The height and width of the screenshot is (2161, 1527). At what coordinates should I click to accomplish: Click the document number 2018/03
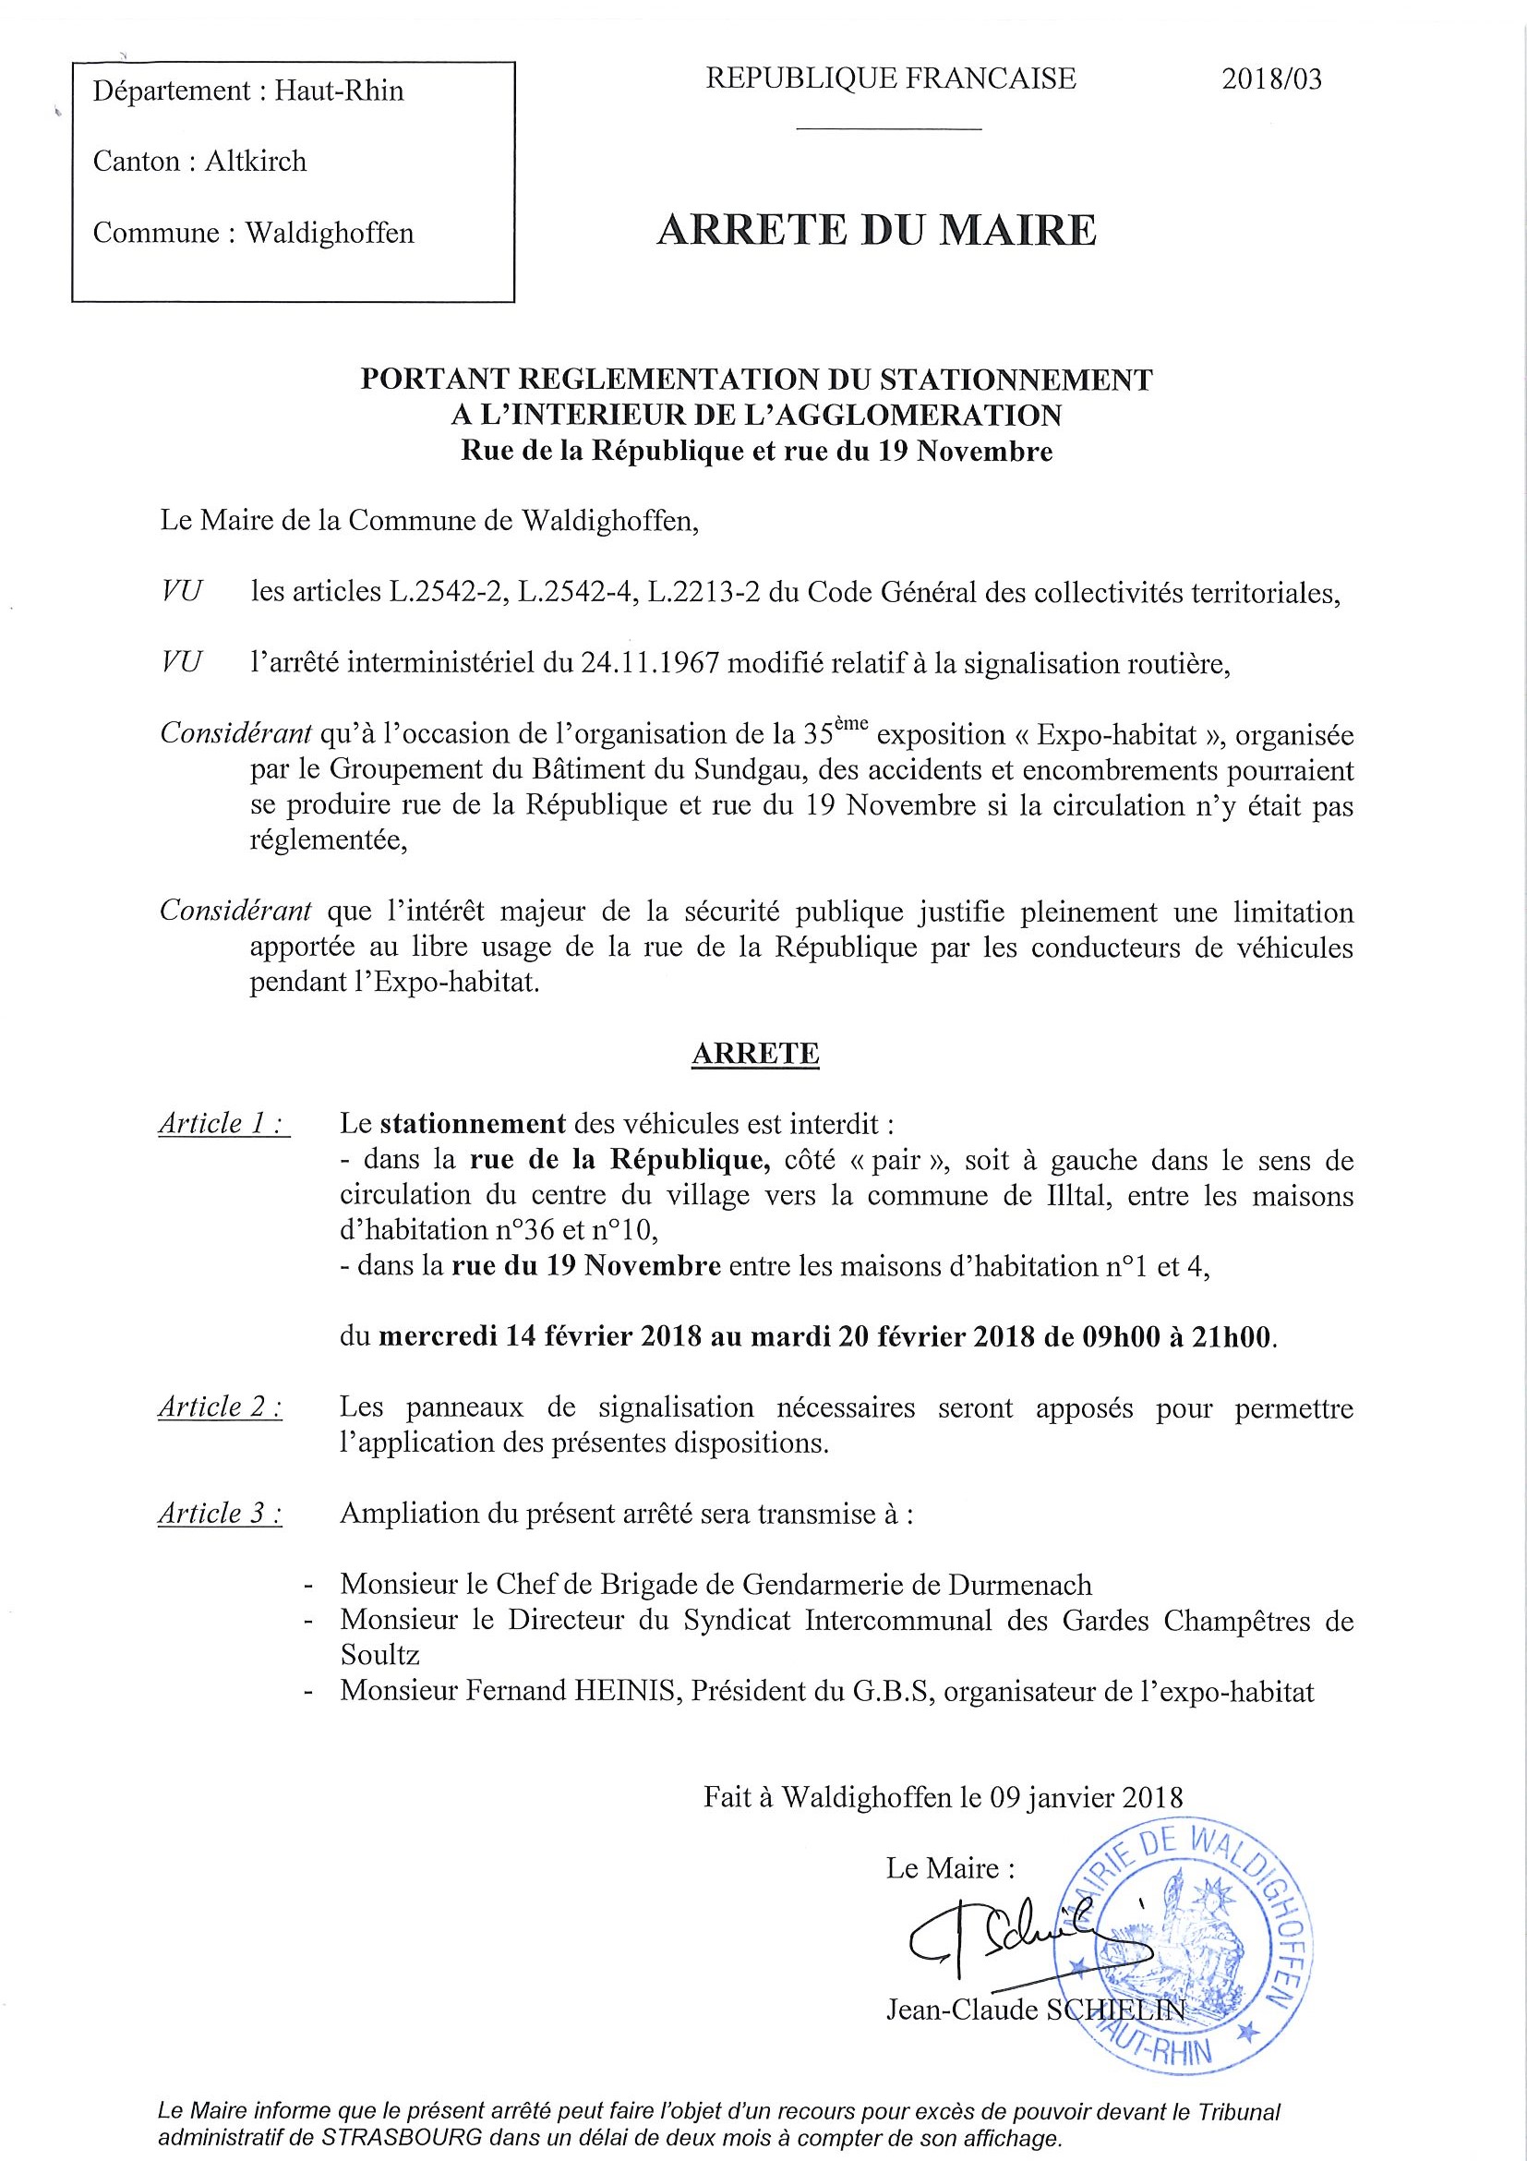pyautogui.click(x=1271, y=79)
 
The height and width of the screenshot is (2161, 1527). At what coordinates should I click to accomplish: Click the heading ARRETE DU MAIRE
pyautogui.click(x=876, y=231)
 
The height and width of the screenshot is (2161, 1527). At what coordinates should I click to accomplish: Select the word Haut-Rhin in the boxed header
pyautogui.click(x=339, y=91)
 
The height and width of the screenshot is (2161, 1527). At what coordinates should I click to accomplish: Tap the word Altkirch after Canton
pyautogui.click(x=255, y=162)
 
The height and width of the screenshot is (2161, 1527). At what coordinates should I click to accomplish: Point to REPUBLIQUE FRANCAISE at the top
pyautogui.click(x=890, y=78)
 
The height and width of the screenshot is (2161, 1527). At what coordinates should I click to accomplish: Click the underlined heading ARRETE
pyautogui.click(x=754, y=1053)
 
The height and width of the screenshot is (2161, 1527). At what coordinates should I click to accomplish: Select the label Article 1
pyautogui.click(x=223, y=1124)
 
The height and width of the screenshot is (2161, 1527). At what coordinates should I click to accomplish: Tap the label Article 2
pyautogui.click(x=220, y=1407)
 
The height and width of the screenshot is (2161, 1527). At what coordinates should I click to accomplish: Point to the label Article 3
pyautogui.click(x=220, y=1514)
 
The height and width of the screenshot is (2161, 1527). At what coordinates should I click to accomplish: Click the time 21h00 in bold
pyautogui.click(x=1226, y=1337)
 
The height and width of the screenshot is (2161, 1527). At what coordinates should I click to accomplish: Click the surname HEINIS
pyautogui.click(x=625, y=1691)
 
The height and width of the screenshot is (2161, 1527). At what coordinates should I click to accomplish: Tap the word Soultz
pyautogui.click(x=380, y=1656)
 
